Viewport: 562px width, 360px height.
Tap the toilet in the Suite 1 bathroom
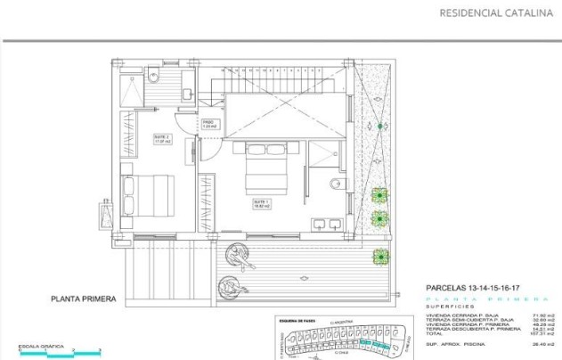[334, 184]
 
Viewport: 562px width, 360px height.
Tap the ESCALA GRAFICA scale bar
[50, 354]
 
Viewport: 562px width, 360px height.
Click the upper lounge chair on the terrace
[240, 256]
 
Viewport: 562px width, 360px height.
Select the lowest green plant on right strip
[381, 256]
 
